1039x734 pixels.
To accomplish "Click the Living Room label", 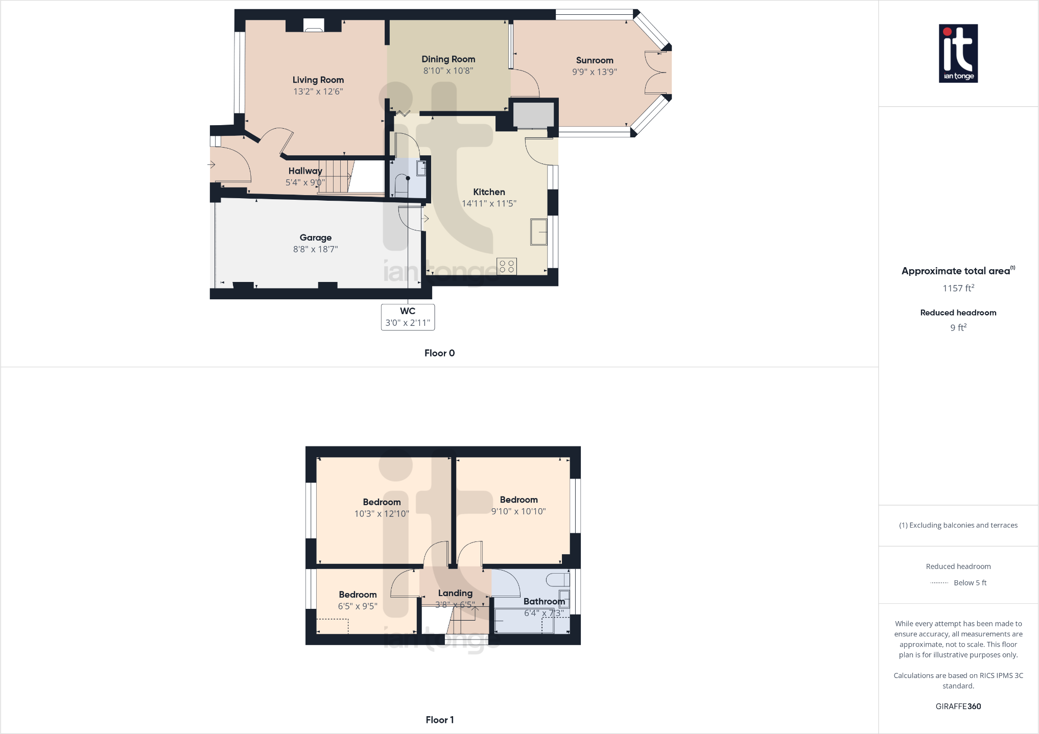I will (x=318, y=80).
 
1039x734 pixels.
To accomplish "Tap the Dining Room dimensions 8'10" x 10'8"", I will (x=448, y=71).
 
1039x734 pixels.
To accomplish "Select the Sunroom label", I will (x=594, y=60).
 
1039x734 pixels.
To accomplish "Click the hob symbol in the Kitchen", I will (x=507, y=266).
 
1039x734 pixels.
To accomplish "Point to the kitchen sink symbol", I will (x=538, y=232).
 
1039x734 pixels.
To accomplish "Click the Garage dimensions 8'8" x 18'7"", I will (x=315, y=249).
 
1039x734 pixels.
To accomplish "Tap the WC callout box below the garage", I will (x=408, y=317).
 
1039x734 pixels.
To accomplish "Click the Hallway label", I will (x=305, y=171).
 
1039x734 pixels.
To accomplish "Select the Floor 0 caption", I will (x=439, y=353).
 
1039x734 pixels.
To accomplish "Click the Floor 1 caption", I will (x=439, y=720).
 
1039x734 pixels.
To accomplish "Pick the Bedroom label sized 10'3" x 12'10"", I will (x=382, y=502).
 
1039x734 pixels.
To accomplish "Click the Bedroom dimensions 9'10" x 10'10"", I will (x=518, y=511).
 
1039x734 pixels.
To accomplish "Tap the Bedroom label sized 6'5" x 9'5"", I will (x=358, y=595).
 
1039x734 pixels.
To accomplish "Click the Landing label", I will (x=455, y=593).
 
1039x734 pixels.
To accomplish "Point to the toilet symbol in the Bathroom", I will (x=558, y=580).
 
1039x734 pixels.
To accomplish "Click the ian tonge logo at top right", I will (x=958, y=54).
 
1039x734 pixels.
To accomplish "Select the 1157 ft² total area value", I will (x=958, y=289).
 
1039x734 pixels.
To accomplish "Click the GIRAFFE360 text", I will (x=958, y=706).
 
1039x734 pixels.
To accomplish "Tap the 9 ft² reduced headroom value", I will (x=958, y=328).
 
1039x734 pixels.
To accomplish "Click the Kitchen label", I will (x=489, y=192).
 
